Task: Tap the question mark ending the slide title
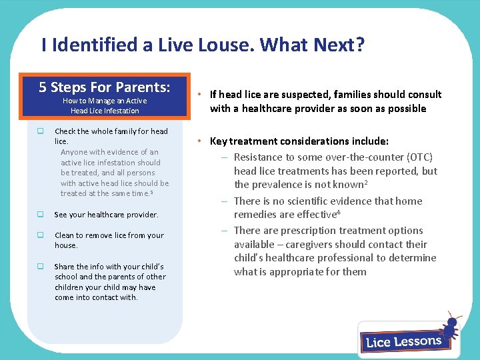[359, 45]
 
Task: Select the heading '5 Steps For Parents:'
[104, 87]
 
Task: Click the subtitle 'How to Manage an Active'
[105, 101]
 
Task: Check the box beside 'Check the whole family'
[41, 131]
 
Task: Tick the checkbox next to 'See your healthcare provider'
[41, 215]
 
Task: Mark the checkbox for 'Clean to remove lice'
[41, 235]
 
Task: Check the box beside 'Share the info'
[41, 267]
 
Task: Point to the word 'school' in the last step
[67, 277]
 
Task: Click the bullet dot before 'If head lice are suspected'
[199, 95]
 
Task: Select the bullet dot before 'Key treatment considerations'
[199, 141]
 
